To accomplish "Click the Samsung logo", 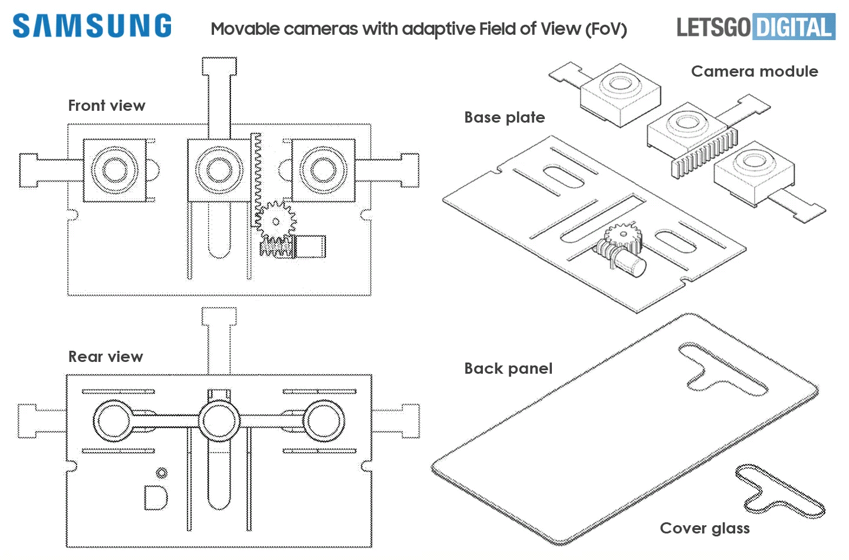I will (92, 27).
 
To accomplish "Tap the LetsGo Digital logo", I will (756, 27).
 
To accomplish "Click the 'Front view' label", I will (107, 106).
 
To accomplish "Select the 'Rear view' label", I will (106, 357).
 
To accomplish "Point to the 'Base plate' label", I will (504, 117).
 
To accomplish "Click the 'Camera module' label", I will (754, 71).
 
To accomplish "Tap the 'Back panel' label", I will (508, 368).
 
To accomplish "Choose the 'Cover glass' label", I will (705, 528).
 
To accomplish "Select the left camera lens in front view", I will (114, 170).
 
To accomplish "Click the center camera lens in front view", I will (219, 170).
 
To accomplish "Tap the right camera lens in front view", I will (323, 170).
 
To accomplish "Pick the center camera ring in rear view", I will (219, 421).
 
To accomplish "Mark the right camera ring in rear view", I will (324, 421).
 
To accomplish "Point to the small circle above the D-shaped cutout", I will (162, 473).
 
